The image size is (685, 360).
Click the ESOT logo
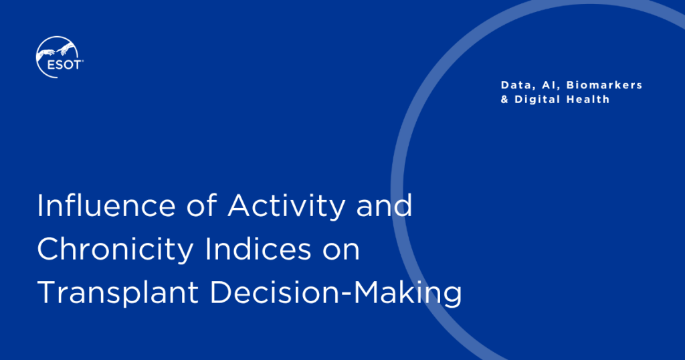(x=60, y=58)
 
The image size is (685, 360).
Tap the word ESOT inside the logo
(x=64, y=65)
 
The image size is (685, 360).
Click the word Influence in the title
(x=106, y=205)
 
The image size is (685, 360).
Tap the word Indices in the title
(x=258, y=248)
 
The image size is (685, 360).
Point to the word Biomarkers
(x=605, y=85)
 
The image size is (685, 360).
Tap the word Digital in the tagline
(x=538, y=100)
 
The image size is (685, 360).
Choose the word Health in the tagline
(x=588, y=99)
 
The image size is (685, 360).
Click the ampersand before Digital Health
(x=504, y=100)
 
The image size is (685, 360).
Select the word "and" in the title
(x=385, y=205)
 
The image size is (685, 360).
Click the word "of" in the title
(x=201, y=205)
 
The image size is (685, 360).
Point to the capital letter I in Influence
(x=39, y=205)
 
